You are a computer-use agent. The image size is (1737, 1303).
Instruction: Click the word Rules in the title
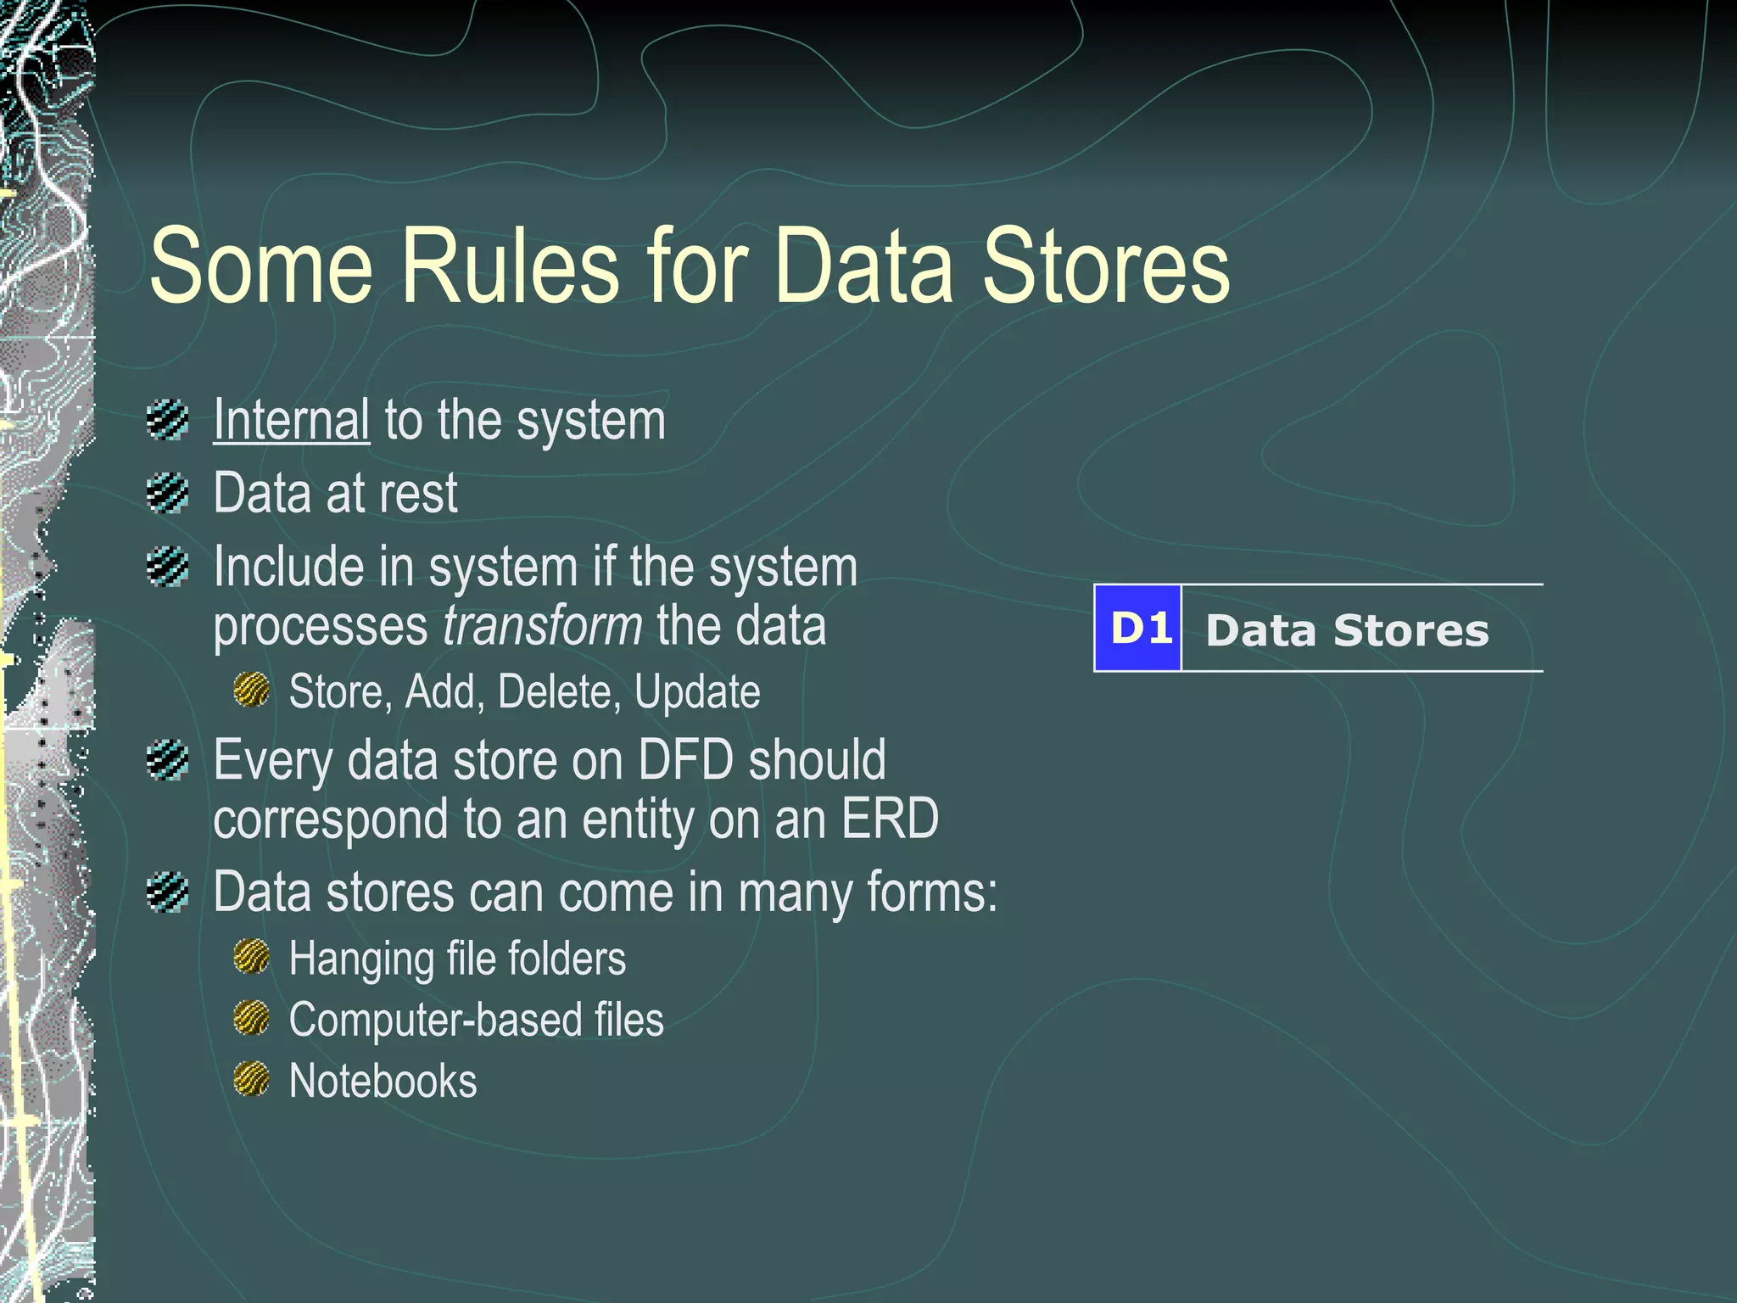pos(510,266)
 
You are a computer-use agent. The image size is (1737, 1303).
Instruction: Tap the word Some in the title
pos(260,266)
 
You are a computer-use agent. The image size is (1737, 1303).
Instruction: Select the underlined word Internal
pos(291,419)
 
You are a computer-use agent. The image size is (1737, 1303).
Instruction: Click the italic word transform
pos(543,626)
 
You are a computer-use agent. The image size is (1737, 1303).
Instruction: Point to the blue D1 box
pos(1137,629)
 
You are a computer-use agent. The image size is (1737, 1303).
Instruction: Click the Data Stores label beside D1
pos(1347,630)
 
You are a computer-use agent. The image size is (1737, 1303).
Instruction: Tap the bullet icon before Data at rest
pos(167,493)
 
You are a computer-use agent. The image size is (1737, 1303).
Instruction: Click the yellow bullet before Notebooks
pos(251,1079)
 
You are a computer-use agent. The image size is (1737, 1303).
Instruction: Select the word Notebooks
pos(383,1081)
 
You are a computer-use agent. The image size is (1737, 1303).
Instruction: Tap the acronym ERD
pos(889,819)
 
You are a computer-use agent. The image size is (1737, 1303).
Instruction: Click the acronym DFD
pos(685,759)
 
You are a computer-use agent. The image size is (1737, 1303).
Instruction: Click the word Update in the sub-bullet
pos(697,692)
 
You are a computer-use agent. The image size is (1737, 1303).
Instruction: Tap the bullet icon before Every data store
pos(167,760)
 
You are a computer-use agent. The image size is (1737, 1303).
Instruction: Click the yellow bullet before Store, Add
pos(251,690)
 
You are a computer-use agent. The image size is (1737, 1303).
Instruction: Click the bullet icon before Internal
pos(167,419)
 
